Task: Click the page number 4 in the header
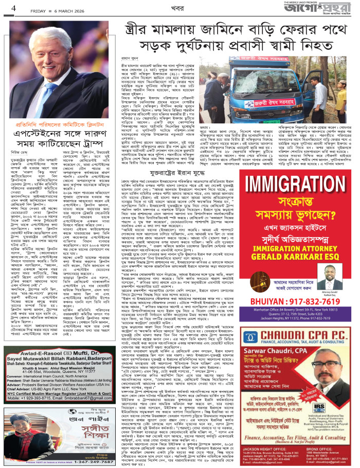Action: tap(7, 8)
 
